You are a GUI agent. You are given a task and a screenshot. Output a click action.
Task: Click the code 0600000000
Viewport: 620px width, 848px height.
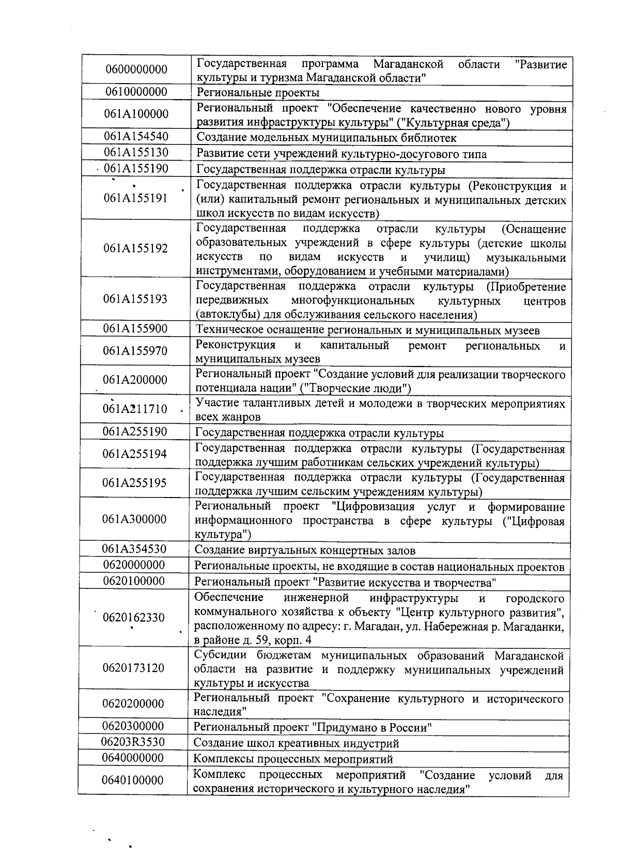[x=136, y=70]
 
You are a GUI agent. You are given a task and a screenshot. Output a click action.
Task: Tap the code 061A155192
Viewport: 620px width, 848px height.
[x=135, y=249]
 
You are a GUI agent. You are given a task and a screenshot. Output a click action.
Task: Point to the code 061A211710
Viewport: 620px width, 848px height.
[x=135, y=409]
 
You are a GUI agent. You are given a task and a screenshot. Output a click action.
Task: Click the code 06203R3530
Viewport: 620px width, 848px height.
[x=133, y=742]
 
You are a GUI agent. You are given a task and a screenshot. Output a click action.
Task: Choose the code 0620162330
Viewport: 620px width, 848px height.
[x=134, y=617]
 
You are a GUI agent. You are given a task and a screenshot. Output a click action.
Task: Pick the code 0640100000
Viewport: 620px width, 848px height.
[x=133, y=780]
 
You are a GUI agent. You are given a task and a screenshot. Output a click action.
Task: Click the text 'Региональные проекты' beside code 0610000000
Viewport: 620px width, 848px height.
[x=258, y=93]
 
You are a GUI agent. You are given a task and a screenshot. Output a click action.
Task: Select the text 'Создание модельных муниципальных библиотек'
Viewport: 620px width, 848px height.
[x=326, y=138]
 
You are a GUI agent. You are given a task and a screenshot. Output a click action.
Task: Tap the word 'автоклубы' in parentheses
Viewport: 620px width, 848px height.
[x=222, y=315]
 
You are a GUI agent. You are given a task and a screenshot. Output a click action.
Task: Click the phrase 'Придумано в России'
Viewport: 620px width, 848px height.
[x=372, y=728]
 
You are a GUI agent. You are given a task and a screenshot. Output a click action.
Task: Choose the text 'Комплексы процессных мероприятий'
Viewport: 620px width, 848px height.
[x=293, y=759]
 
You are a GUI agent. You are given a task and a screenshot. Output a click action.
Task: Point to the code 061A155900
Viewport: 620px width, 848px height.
[x=135, y=329]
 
